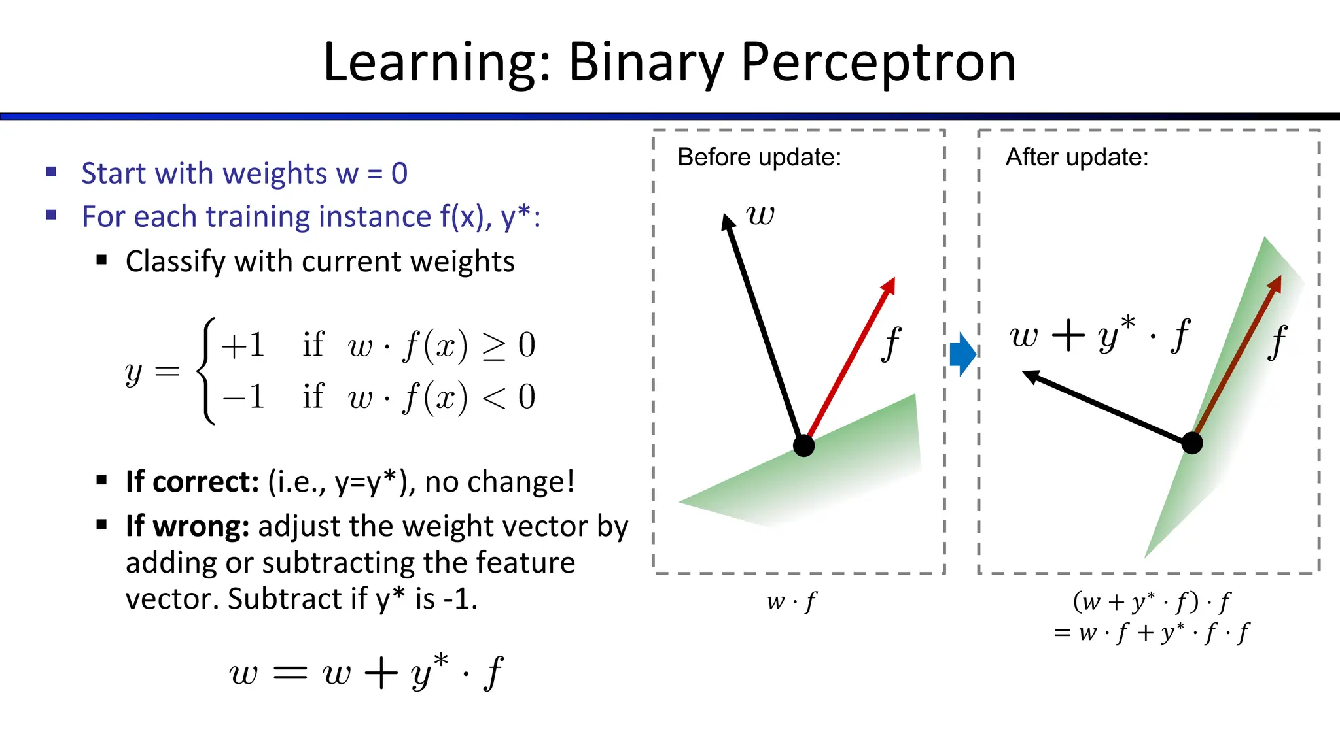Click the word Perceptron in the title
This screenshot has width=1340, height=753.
point(878,63)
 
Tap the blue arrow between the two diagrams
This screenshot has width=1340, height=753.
point(962,354)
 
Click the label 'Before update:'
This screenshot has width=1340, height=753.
point(759,158)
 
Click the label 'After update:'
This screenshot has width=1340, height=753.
point(1077,158)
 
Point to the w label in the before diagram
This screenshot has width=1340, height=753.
point(760,214)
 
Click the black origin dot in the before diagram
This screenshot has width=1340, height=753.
point(803,446)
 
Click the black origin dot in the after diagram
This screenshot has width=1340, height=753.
point(1192,443)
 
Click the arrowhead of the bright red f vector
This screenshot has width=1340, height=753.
point(889,285)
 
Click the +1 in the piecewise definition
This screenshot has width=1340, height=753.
point(243,344)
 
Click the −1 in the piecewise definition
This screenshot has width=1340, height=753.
point(243,396)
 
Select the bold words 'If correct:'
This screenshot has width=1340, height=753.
point(192,482)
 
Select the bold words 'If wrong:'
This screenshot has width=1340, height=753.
point(187,526)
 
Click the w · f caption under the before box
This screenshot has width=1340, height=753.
point(792,601)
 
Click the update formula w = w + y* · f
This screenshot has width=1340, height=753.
point(366,672)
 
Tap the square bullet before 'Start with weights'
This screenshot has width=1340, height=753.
point(52,173)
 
